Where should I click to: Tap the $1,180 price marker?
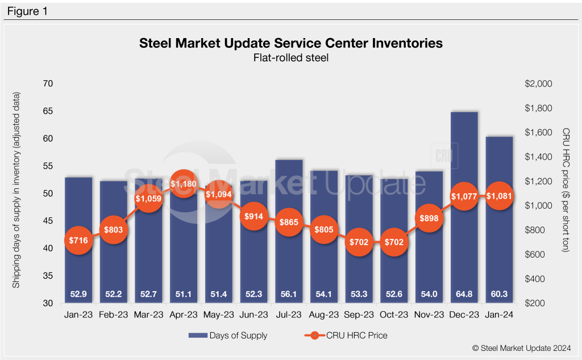pyautogui.click(x=184, y=185)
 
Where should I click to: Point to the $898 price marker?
pyautogui.click(x=429, y=220)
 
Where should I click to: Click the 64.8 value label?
pyautogui.click(x=464, y=294)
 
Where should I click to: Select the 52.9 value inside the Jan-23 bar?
pyautogui.click(x=78, y=294)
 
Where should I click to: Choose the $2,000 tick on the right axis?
pyautogui.click(x=538, y=84)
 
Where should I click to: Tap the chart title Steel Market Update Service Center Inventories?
pyautogui.click(x=290, y=43)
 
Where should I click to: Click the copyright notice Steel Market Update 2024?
pyautogui.click(x=521, y=347)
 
